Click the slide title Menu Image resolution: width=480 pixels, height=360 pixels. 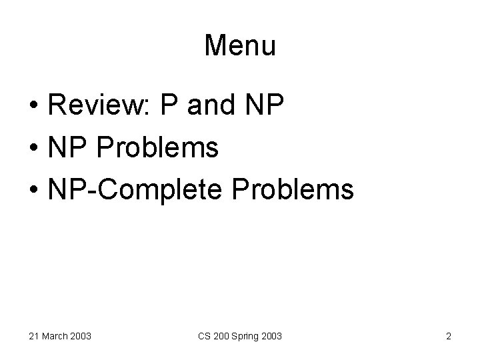coord(240,45)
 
